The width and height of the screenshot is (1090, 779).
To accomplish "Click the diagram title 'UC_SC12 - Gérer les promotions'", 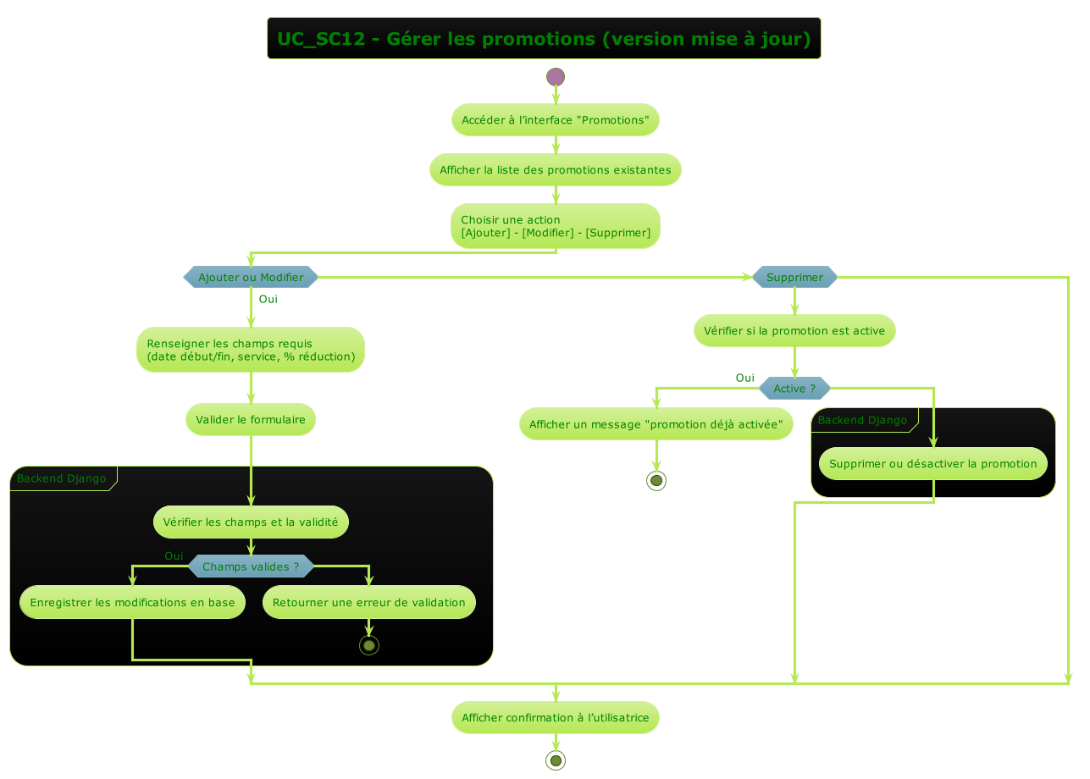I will tap(544, 39).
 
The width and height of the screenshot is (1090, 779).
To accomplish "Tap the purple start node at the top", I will tap(556, 77).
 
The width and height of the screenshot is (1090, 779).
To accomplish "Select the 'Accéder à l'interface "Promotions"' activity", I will tap(555, 120).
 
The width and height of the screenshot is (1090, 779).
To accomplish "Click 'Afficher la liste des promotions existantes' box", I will tap(555, 170).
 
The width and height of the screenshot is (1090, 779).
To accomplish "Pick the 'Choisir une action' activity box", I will tap(555, 226).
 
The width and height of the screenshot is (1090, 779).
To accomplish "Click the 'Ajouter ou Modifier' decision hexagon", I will tap(251, 277).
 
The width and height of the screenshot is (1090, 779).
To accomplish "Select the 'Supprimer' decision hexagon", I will tap(794, 277).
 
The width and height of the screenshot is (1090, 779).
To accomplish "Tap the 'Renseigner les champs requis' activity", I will tap(251, 350).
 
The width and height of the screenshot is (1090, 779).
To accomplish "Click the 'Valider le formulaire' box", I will tap(251, 420).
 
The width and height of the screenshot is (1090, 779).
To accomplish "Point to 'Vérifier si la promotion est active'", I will tap(794, 331).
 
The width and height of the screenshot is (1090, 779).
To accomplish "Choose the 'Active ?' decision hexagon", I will tap(794, 389).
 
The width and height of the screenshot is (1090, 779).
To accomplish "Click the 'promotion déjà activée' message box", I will tap(656, 424).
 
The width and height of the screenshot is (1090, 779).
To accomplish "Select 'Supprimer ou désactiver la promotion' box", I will tap(933, 464).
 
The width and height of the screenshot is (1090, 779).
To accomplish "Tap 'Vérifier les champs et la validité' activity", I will tap(251, 522).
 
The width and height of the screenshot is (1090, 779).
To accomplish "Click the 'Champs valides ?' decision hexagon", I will tap(251, 566).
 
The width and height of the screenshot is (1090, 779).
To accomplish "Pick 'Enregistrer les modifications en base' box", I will tap(133, 603).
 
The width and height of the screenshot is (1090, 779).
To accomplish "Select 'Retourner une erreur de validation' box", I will tap(369, 603).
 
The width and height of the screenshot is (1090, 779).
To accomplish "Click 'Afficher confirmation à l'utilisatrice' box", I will tap(555, 718).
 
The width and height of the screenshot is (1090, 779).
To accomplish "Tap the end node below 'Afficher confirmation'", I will tap(556, 760).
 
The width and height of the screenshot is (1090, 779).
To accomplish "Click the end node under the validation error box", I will tap(369, 645).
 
